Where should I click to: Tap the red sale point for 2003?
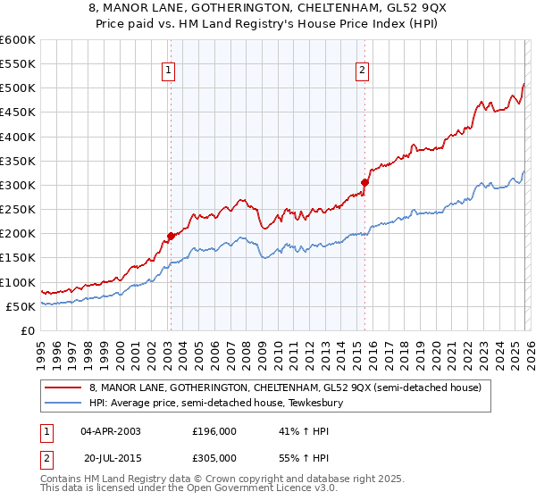[x=170, y=236]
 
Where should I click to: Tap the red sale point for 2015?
[x=364, y=183]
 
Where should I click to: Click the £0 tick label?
[x=27, y=330]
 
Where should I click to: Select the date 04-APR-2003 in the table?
[x=111, y=431]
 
